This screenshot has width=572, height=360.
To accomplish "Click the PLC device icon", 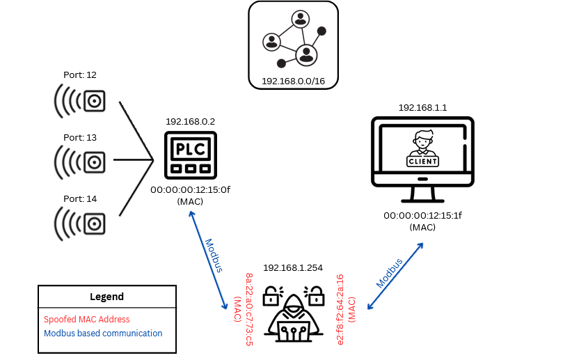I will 190,155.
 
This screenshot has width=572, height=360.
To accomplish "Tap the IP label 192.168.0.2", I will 190,121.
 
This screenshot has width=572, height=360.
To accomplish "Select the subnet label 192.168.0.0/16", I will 293,81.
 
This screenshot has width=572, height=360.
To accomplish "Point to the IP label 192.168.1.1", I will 422,108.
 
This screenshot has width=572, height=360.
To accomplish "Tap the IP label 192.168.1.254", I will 293,268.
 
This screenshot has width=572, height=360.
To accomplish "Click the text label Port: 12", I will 80,75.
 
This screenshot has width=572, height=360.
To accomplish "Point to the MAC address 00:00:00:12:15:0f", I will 190,189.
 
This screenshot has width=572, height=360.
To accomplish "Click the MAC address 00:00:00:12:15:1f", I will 422,216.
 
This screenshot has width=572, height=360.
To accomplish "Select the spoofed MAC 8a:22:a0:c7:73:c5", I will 249,309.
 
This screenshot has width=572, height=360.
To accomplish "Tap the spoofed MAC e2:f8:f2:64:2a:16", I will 340,309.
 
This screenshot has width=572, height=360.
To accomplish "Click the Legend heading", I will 106,297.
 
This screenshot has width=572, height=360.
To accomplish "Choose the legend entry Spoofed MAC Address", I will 86,320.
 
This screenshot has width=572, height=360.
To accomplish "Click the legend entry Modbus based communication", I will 103,334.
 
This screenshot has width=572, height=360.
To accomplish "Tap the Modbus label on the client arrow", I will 390,273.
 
